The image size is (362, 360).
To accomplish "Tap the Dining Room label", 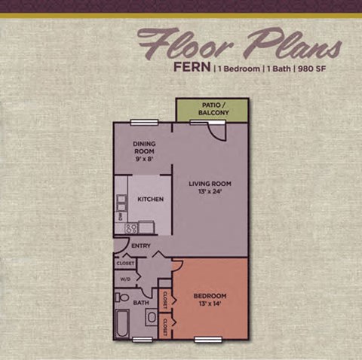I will (x=143, y=151).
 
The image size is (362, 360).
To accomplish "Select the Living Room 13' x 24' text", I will (x=210, y=188).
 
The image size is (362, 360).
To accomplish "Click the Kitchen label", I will (x=151, y=199).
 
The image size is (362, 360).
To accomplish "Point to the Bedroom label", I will (x=210, y=300).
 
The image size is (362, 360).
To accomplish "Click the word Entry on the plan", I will (x=141, y=246).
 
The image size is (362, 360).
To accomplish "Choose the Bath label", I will (x=141, y=303).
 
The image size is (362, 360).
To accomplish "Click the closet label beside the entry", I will (x=124, y=263).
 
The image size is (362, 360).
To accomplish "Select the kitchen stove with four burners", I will (x=130, y=227).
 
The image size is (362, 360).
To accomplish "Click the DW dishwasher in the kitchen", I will (x=119, y=217).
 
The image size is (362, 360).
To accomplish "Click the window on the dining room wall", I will (x=143, y=122).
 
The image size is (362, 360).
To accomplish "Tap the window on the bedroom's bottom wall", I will (x=207, y=340).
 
